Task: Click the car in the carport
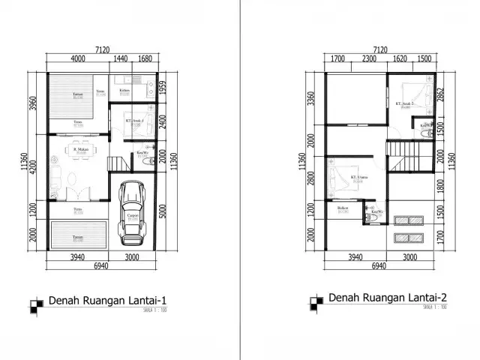point(133,216)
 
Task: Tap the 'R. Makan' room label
point(81,149)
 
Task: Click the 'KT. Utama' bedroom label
point(359,178)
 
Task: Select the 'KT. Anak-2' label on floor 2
point(405,103)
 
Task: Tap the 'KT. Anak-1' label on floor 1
point(134,121)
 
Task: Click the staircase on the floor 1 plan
point(117,161)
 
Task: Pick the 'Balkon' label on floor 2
point(343,208)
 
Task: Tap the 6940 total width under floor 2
point(379,266)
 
